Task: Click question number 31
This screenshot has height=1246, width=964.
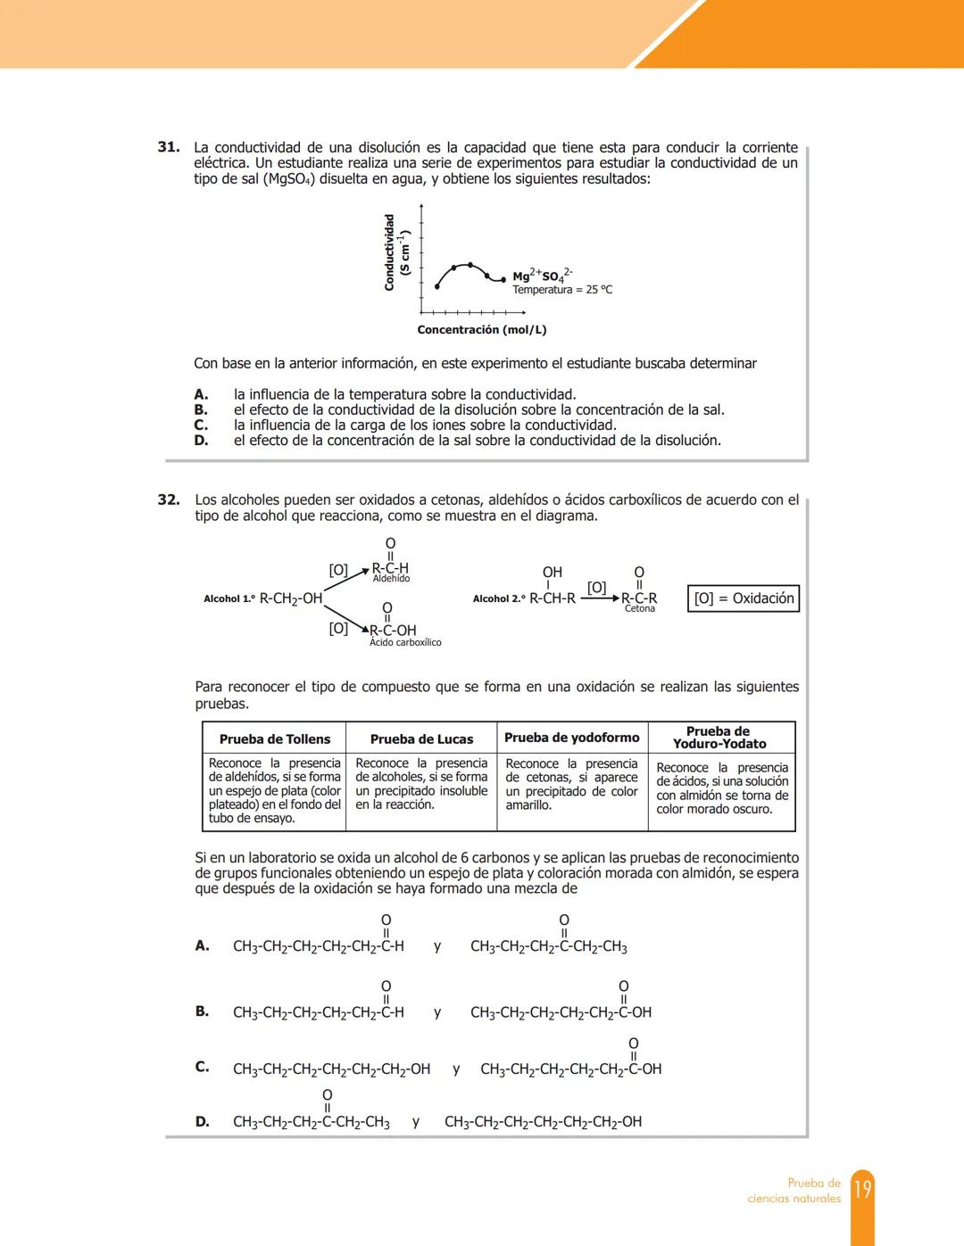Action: pos(169,147)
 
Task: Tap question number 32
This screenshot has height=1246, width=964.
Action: pos(169,500)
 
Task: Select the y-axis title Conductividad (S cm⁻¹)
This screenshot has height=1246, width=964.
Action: pos(395,252)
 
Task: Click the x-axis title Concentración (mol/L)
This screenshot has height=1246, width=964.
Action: pos(482,330)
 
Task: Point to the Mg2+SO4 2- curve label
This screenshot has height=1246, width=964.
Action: pos(543,276)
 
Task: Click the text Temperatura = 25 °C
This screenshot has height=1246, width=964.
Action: pos(562,290)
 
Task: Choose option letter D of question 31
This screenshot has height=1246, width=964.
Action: pos(201,441)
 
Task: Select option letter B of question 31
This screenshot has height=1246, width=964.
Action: pos(201,410)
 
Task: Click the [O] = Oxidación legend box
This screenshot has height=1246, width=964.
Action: pos(744,598)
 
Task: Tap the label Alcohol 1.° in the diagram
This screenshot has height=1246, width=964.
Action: pos(229,599)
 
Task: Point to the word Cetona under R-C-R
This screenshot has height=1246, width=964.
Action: pos(640,609)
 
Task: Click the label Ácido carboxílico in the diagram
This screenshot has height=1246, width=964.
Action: pos(405,642)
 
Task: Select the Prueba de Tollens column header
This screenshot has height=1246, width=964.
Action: pos(275,739)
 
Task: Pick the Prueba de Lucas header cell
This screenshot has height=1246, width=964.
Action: pos(421,739)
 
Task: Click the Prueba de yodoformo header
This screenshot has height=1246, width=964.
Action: pos(572,738)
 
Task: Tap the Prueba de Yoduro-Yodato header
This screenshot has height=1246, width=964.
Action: pos(719,738)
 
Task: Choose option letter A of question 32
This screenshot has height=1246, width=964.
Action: pos(203,945)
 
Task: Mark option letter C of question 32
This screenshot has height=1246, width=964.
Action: pos(203,1067)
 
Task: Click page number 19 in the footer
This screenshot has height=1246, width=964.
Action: pos(862,1190)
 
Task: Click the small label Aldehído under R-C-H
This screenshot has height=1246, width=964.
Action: pos(391,579)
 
